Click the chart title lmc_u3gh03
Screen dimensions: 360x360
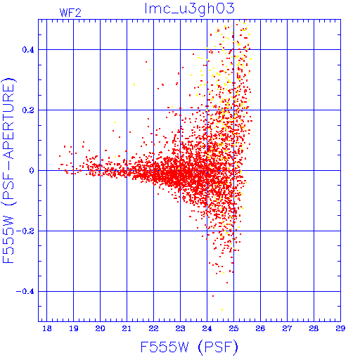[189, 9]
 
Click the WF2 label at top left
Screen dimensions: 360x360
[70, 13]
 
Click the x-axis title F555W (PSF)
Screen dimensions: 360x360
[189, 347]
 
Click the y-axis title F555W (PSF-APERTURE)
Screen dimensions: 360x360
[8, 171]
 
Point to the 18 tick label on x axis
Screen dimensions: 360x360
[47, 328]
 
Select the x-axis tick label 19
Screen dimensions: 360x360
[74, 328]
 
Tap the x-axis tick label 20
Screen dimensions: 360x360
[100, 328]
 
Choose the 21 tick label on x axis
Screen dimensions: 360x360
[127, 328]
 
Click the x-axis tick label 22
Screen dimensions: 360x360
[153, 328]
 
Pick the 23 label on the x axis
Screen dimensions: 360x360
[180, 328]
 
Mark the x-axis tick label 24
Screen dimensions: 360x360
[207, 328]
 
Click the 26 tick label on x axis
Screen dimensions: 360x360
[260, 328]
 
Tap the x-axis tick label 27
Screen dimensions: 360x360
[287, 328]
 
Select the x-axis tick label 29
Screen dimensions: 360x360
[340, 328]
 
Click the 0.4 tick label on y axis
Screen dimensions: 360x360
[28, 50]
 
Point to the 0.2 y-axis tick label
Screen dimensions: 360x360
[28, 110]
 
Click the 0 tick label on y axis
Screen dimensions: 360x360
[32, 171]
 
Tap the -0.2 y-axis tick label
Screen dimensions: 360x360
[25, 231]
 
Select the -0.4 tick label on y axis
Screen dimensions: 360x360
[25, 292]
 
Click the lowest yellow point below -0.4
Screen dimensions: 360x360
[222, 310]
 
